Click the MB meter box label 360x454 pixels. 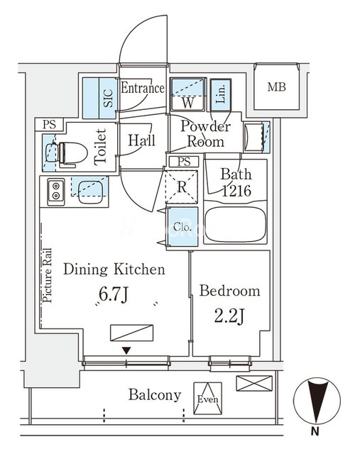coord(276,87)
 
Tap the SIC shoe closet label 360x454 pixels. coord(108,98)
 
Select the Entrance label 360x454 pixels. coord(143,88)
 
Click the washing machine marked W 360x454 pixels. coord(188,94)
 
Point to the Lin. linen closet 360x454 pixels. coord(221,94)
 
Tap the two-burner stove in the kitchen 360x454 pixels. coord(56,191)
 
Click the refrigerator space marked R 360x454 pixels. coord(182,187)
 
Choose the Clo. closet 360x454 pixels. coord(182,227)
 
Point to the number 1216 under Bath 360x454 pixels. coord(236,191)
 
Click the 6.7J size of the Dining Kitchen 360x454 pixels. coord(114,294)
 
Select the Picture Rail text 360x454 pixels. coord(48,275)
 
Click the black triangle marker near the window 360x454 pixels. coord(126,350)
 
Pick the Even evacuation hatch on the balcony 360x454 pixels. coord(208,399)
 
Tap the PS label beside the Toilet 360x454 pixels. coord(49,125)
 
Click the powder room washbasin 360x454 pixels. coord(254,137)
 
